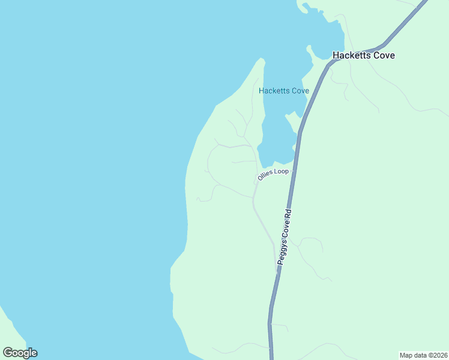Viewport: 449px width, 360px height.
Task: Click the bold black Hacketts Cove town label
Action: (363, 55)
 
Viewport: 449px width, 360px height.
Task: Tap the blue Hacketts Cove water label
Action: (283, 91)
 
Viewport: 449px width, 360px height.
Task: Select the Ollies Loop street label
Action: (273, 174)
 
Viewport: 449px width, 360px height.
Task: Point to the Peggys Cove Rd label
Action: (285, 238)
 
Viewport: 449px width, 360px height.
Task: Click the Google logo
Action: (20, 353)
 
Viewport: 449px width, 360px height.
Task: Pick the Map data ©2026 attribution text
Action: (423, 355)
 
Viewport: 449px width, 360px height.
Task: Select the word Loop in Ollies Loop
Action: (282, 172)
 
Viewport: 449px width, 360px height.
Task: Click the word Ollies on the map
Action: (265, 176)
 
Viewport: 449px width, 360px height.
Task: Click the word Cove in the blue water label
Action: (300, 91)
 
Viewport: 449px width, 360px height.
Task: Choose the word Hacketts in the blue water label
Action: (274, 91)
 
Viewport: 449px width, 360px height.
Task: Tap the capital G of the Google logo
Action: (7, 353)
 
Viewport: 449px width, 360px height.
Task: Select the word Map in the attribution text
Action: (406, 355)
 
